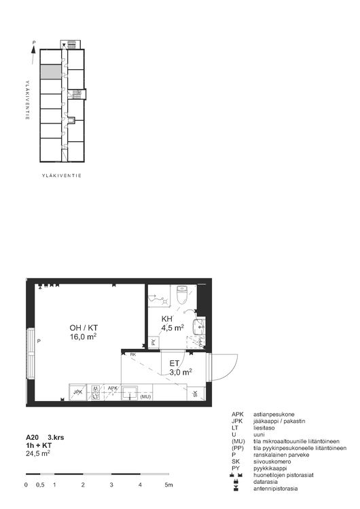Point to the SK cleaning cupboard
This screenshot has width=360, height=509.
point(196,394)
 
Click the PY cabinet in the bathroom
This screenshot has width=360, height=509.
point(154,342)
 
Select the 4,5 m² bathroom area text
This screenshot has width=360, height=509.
point(173,328)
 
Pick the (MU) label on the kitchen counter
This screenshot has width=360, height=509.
point(145,396)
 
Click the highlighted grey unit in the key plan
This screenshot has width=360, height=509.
point(49,72)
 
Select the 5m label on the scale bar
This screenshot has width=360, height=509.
point(169,485)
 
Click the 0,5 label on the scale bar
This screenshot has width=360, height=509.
point(40,485)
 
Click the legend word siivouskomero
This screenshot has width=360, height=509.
point(272,461)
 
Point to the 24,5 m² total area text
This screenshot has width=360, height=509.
point(37,453)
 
